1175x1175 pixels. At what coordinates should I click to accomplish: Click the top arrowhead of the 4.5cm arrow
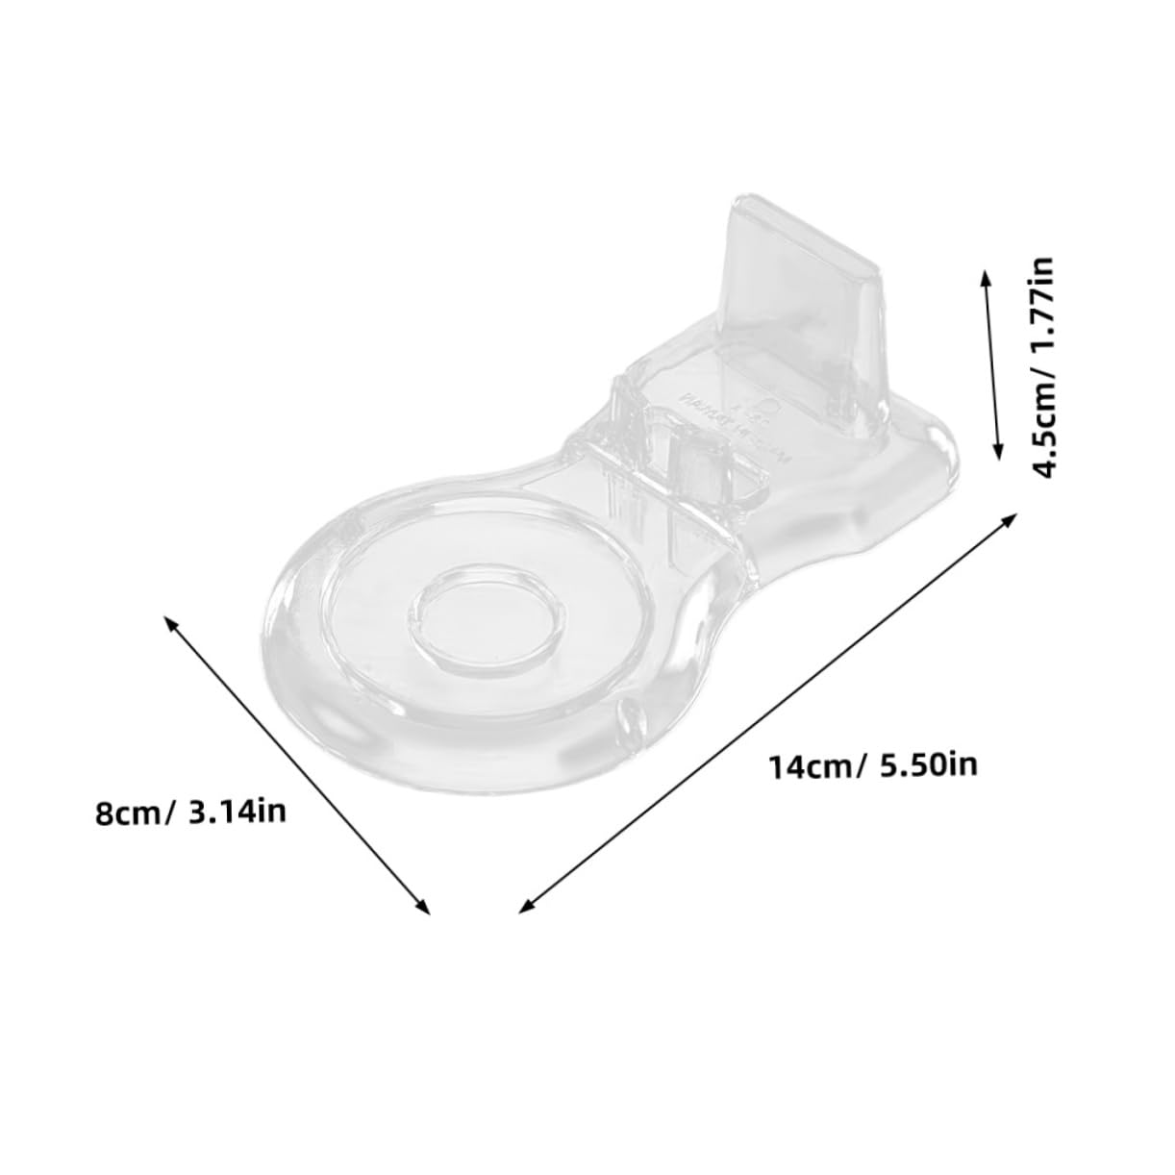pos(985,276)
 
